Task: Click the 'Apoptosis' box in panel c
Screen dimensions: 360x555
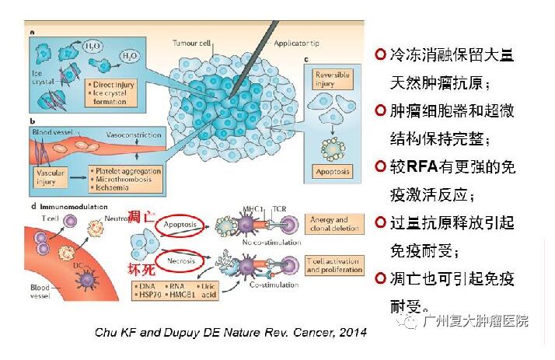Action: pyautogui.click(x=333, y=171)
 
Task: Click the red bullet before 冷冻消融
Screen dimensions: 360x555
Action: pyautogui.click(x=380, y=54)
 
